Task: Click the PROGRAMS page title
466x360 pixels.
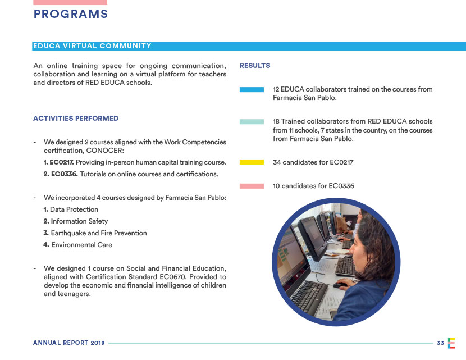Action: [x=70, y=15]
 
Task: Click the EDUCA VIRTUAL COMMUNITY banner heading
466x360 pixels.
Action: [x=92, y=46]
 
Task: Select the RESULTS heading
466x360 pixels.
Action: [x=255, y=66]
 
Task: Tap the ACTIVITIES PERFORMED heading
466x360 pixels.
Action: [x=76, y=119]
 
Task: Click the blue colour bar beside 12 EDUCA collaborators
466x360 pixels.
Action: [x=252, y=89]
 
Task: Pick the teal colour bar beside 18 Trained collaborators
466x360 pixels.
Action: [x=252, y=121]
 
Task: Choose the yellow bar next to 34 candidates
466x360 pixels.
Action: [x=252, y=162]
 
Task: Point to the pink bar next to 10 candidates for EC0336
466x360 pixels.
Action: [x=252, y=186]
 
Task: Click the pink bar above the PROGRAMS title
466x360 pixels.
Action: [x=70, y=2]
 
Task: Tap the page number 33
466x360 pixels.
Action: [x=440, y=343]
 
